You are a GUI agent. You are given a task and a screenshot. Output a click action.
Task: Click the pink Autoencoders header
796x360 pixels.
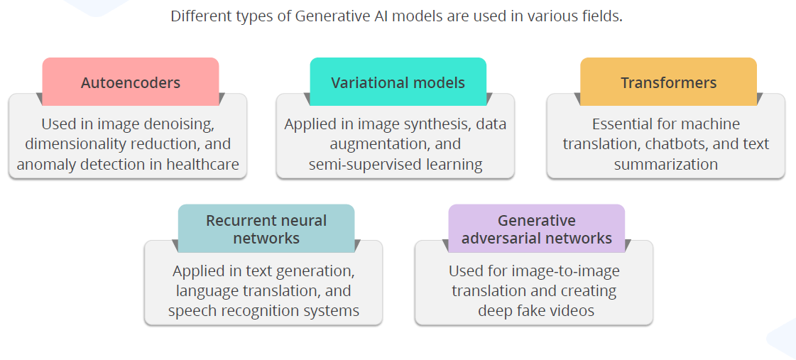[131, 82]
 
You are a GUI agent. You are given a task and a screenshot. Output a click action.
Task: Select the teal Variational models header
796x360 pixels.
[398, 82]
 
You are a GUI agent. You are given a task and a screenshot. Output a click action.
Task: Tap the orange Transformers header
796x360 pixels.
[668, 82]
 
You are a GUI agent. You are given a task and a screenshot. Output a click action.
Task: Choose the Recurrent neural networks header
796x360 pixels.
[266, 229]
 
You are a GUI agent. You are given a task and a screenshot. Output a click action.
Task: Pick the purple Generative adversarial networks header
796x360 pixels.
[536, 229]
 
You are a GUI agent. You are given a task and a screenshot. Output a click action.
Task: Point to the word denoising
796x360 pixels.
[180, 124]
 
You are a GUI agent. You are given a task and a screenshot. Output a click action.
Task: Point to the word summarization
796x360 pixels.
[665, 165]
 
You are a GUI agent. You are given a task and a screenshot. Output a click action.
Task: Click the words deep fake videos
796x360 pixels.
[536, 311]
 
